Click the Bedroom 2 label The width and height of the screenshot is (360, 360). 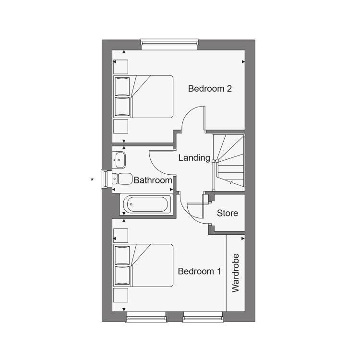[x=210, y=89]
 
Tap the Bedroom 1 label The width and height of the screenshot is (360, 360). [x=200, y=271]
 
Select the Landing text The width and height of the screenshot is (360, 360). [x=194, y=158]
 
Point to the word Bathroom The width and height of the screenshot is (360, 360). [x=153, y=180]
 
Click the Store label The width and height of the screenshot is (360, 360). [x=228, y=213]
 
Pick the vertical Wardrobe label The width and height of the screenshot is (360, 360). [x=236, y=273]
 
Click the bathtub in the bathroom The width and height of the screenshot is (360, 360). [x=145, y=204]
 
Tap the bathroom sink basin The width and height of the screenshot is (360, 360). [x=119, y=160]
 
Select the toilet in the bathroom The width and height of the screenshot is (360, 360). [x=122, y=179]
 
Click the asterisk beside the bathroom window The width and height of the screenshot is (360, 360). [x=92, y=180]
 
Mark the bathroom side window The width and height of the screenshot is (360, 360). [x=105, y=179]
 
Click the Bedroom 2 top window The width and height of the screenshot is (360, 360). [x=169, y=44]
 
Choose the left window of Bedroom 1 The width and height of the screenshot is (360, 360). [x=146, y=317]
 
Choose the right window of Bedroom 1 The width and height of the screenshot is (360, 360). [x=203, y=317]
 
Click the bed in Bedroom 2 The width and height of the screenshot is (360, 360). [x=143, y=96]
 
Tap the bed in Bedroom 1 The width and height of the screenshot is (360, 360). [x=143, y=265]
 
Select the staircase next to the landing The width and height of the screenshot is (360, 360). [x=228, y=162]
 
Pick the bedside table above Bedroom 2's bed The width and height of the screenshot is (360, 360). [x=121, y=67]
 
